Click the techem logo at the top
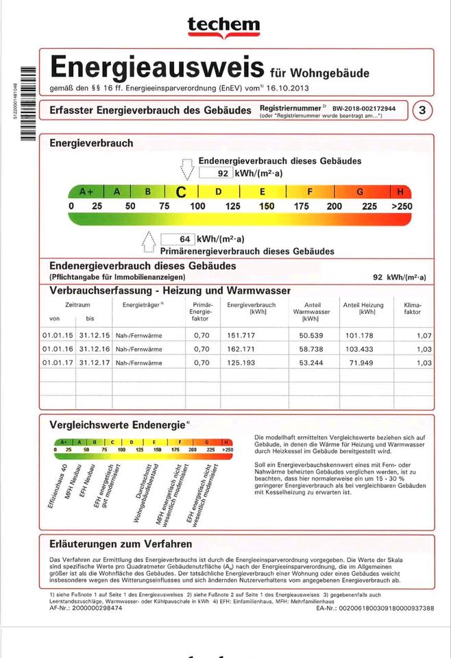tap(224, 26)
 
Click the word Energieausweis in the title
tap(157, 68)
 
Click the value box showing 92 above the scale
tap(215, 173)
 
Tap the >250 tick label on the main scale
tap(401, 206)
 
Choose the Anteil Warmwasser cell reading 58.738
tap(315, 349)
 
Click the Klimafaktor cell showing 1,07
tap(424, 335)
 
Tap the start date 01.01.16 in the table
tap(57, 349)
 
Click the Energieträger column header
tap(143, 304)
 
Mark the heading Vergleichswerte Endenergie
tap(117, 425)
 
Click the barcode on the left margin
tap(27, 101)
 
